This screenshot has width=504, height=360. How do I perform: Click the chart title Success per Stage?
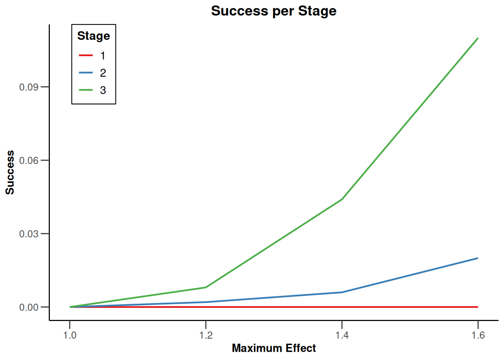(274, 11)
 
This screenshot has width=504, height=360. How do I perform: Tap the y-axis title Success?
(10, 172)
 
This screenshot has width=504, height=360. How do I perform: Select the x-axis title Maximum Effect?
(274, 348)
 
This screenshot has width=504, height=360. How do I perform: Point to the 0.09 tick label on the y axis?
(29, 87)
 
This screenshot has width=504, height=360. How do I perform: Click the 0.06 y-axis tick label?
(29, 160)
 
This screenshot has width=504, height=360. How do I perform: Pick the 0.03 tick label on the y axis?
(29, 234)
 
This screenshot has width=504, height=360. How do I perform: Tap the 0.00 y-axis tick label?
(29, 307)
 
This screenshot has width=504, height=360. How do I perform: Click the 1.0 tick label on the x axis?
(70, 335)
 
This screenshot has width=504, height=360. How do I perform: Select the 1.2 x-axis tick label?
(206, 335)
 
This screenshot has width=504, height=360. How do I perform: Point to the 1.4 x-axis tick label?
(342, 335)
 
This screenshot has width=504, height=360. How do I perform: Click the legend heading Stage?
(93, 36)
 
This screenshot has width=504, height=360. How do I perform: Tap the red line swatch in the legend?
(86, 55)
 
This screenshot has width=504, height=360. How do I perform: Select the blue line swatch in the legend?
(86, 73)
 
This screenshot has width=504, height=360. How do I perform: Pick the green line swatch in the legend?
(86, 90)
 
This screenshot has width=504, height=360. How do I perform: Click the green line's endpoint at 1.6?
(478, 38)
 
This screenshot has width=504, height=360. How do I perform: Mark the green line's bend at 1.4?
(342, 199)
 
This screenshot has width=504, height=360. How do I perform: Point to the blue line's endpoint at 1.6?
(478, 258)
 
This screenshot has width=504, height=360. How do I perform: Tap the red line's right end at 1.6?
(478, 307)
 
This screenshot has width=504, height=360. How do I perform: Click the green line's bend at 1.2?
(206, 287)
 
